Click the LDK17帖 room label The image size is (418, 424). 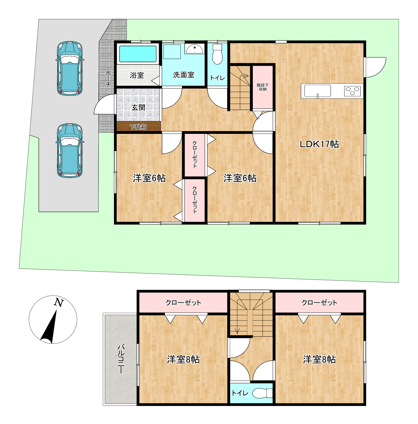point(320,144)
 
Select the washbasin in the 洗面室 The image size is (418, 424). point(194,49)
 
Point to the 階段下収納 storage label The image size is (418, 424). point(262,87)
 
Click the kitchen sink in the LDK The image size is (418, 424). point(318,91)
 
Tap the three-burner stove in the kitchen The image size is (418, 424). point(352,91)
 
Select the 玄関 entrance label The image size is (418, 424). point(138,107)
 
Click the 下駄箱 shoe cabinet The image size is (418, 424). point(138,127)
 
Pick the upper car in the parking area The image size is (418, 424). point(69,68)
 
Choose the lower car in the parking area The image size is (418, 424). point(69,150)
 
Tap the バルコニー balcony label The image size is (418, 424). point(121,359)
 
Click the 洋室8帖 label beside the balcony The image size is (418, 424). point(183,360)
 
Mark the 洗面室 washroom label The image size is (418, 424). point(184,75)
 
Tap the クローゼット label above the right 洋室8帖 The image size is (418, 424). point(319,303)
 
